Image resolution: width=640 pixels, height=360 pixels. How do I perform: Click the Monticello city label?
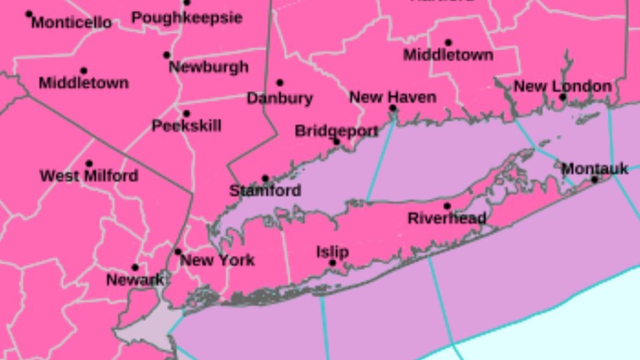tap(71, 23)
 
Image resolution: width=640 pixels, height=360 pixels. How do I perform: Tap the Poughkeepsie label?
tap(186, 18)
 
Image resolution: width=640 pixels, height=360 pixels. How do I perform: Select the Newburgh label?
tap(209, 67)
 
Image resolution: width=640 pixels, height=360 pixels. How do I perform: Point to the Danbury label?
tap(279, 98)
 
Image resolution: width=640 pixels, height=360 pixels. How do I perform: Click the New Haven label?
tap(392, 97)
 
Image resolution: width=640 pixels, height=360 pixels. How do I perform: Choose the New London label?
tap(562, 86)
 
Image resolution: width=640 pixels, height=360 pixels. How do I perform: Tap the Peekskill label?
tap(186, 126)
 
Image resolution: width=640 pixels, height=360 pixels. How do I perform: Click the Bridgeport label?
tap(336, 131)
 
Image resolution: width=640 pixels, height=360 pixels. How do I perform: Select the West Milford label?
tap(89, 176)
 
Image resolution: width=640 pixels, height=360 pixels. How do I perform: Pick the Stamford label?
tap(265, 190)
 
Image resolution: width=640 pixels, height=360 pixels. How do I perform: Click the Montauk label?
tap(595, 169)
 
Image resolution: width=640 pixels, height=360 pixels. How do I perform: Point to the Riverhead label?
tap(447, 218)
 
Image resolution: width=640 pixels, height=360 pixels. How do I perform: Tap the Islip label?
tap(332, 252)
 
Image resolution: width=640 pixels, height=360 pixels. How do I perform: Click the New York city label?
tap(217, 260)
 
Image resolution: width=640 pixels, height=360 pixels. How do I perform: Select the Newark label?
tap(135, 280)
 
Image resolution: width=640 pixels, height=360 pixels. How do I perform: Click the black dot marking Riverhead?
tap(447, 206)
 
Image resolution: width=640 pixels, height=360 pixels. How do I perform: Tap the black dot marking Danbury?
tap(279, 83)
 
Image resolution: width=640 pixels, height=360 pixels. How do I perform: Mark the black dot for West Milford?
tap(89, 163)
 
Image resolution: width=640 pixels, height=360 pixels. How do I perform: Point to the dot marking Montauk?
tap(595, 179)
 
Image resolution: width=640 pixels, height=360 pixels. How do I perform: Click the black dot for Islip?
tap(332, 263)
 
